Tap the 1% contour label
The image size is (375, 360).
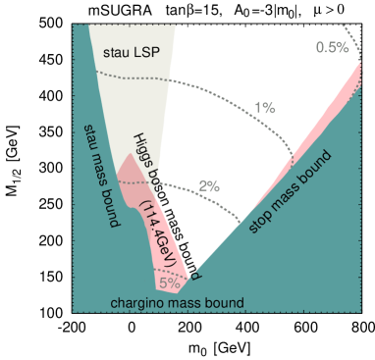pyautogui.click(x=264, y=107)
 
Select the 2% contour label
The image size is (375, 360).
pyautogui.click(x=209, y=185)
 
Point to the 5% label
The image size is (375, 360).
pyautogui.click(x=169, y=283)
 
